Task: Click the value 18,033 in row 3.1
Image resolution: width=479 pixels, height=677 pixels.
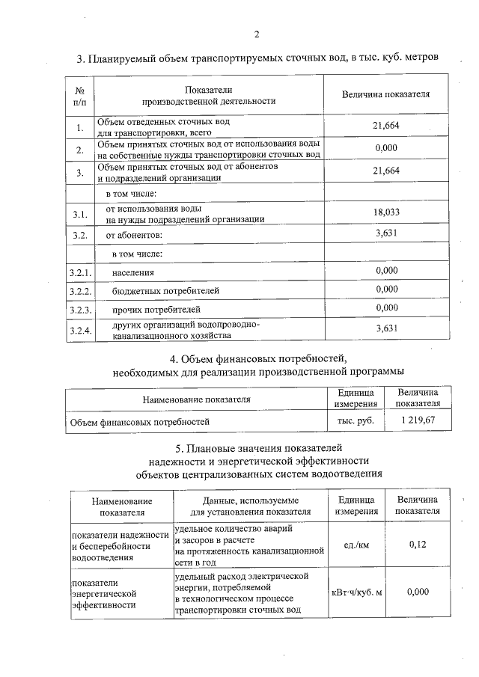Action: (x=385, y=213)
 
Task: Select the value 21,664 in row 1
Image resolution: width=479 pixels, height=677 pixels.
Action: (x=385, y=126)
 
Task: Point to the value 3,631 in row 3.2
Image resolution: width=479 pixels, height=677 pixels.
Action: (x=385, y=234)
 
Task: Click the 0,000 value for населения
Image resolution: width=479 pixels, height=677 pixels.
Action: (x=386, y=270)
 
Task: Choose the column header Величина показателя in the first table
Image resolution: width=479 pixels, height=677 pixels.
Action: (x=385, y=95)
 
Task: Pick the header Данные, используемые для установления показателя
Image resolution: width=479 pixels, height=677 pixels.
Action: (x=250, y=506)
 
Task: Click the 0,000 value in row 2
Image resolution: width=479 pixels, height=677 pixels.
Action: (x=385, y=148)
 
